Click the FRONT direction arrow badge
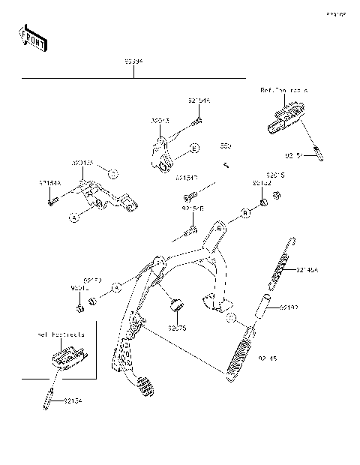pos(31,37)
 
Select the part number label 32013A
pos(82,163)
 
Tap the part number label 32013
pos(160,120)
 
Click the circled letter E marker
pos(193,149)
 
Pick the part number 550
pos(225,146)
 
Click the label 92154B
pos(191,209)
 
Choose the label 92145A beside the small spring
pos(307,269)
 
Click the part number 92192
pos(310,307)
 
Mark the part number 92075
pos(176,328)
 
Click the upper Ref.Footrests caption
pos(284,90)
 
